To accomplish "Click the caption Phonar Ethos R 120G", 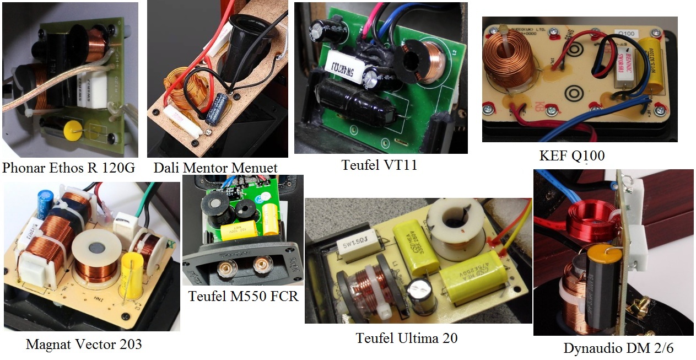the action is click(x=68, y=168).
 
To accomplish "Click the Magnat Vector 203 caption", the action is click(x=84, y=345).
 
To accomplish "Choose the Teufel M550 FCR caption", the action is click(x=243, y=296).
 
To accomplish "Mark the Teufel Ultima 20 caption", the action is click(x=407, y=337).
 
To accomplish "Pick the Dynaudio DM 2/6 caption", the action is click(x=618, y=348).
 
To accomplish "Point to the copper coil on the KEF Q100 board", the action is click(x=508, y=59).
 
